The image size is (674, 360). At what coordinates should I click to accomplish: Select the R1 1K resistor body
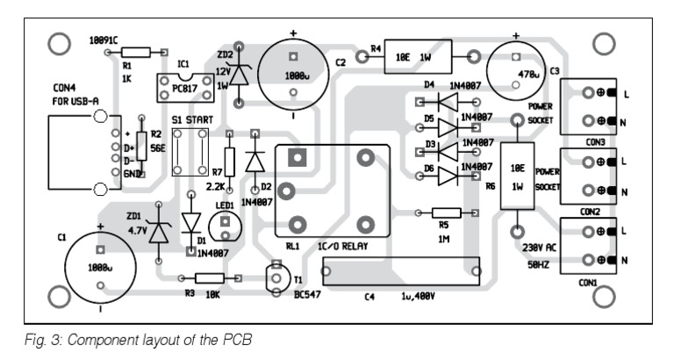(140, 53)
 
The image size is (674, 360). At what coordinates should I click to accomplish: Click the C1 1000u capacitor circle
(98, 266)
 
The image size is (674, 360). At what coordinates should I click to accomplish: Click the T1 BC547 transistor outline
(281, 277)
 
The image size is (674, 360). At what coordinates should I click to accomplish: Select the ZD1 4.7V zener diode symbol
(158, 233)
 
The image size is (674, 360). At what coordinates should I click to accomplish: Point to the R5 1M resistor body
(446, 212)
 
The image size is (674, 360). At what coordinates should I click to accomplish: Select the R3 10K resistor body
(208, 277)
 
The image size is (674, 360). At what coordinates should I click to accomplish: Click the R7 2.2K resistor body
(229, 162)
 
